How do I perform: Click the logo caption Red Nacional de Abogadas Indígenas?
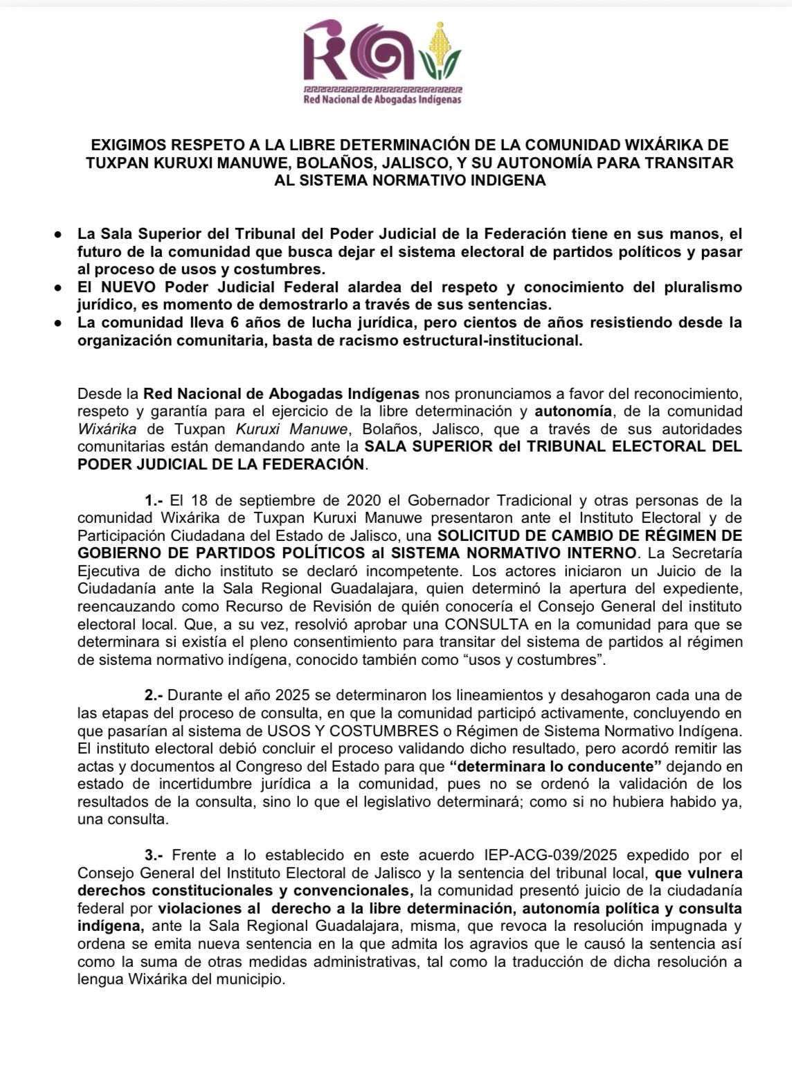pyautogui.click(x=383, y=100)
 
